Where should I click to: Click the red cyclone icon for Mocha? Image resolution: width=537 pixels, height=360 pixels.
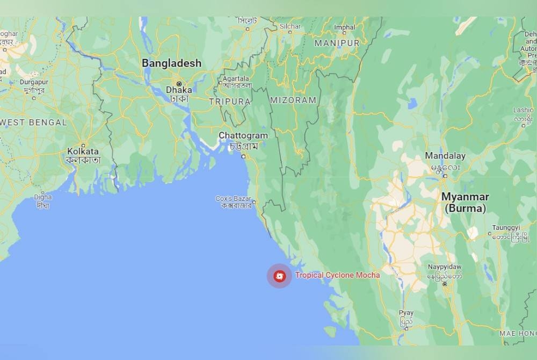click(279, 276)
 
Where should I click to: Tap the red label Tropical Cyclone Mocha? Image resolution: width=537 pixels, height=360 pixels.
click(337, 275)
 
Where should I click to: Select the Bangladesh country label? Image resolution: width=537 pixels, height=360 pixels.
click(171, 63)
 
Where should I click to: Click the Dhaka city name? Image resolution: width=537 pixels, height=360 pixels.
click(179, 90)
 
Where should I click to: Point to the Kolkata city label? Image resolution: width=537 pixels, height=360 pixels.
click(83, 152)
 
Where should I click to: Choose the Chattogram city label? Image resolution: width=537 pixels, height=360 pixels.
click(243, 136)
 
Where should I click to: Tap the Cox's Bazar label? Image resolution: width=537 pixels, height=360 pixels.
click(234, 198)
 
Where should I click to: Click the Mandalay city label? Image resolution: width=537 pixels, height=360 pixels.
click(445, 156)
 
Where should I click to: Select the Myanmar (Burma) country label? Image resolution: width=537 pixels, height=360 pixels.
click(465, 203)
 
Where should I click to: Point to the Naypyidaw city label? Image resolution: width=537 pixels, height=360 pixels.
click(445, 267)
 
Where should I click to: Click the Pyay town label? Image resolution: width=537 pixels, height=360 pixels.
click(407, 313)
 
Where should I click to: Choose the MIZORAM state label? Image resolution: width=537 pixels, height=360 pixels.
click(293, 100)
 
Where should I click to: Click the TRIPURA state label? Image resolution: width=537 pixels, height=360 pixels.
click(230, 102)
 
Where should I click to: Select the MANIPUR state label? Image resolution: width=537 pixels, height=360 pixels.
click(337, 43)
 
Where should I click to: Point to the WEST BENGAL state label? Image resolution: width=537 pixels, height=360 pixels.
click(34, 123)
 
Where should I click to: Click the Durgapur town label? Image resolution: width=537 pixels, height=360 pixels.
click(34, 82)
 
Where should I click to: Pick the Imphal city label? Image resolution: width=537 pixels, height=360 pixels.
click(345, 27)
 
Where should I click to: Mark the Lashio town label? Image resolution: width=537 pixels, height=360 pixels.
click(523, 110)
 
